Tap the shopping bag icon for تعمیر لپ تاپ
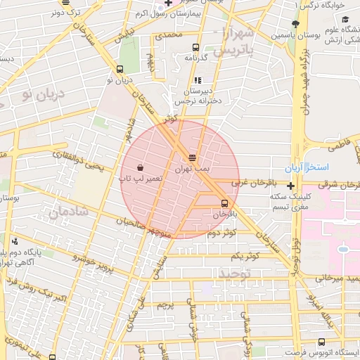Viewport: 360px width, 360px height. pos(140,168)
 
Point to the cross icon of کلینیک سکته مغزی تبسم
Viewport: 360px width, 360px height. pos(290,186)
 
